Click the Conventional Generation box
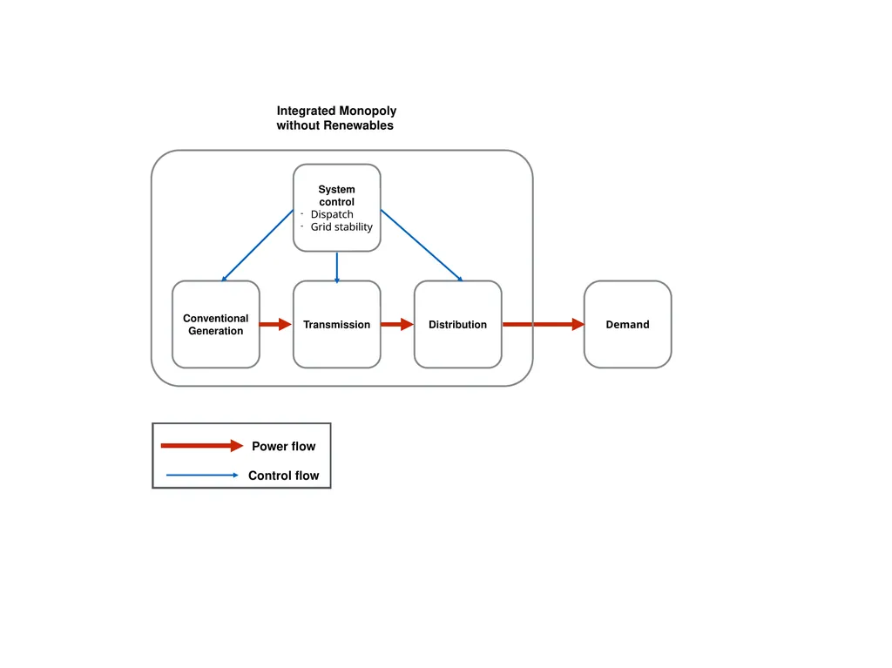coord(216,324)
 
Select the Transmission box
coord(337,324)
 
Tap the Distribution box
coord(458,324)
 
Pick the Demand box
coord(627,324)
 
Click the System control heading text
coord(337,195)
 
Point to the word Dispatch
coord(332,214)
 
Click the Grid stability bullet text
coord(341,227)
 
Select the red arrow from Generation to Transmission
coord(275,324)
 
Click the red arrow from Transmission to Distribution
coord(397,324)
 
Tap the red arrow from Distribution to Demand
coord(544,324)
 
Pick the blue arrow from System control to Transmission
coord(337,267)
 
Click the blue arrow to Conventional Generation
coord(257,246)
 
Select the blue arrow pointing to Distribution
coord(422,246)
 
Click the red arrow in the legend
coord(202,446)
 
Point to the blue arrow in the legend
coord(202,476)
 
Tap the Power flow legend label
coord(283,446)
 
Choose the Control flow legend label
coord(283,476)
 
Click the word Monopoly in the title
coord(368,111)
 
